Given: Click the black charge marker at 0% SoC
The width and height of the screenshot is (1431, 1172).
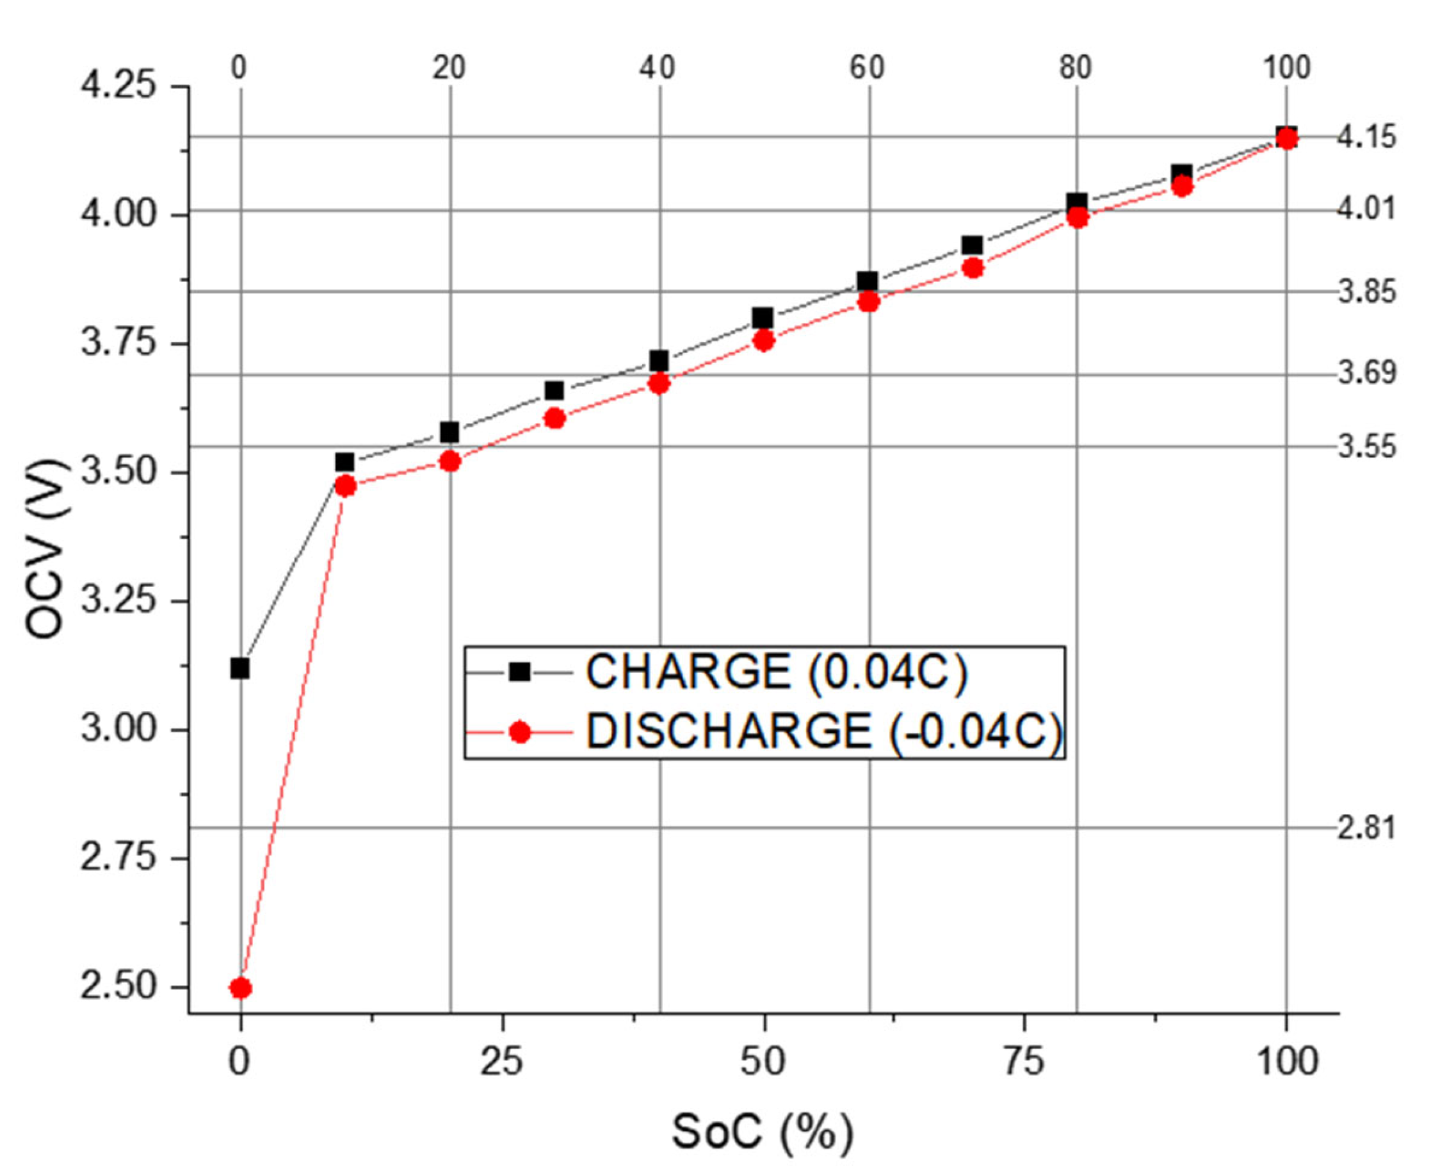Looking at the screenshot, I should (x=240, y=669).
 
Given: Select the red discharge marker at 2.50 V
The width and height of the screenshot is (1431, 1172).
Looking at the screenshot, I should (x=240, y=988).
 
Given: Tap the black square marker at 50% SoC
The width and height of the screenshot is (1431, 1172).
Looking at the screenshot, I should (x=763, y=317).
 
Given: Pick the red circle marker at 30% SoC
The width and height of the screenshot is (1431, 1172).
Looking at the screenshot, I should (x=554, y=418).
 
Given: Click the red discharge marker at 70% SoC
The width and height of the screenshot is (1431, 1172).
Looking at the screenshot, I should (x=972, y=268).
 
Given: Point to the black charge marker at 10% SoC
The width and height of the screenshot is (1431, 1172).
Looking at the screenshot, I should (x=344, y=463).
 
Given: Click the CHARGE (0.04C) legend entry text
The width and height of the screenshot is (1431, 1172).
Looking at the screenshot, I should (x=777, y=672).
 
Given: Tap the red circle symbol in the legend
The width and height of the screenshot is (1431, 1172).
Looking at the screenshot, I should (x=519, y=732).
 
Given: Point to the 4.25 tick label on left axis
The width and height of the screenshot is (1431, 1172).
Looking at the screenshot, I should (x=118, y=87).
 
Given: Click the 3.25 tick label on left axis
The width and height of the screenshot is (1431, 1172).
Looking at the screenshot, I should (x=118, y=601).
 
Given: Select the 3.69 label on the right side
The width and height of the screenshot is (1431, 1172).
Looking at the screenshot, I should (x=1367, y=374).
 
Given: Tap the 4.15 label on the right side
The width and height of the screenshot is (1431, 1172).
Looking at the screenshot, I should (x=1367, y=138).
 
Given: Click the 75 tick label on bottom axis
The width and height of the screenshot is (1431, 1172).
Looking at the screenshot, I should (x=1024, y=1062).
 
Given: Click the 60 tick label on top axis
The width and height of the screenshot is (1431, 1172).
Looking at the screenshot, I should (x=867, y=68).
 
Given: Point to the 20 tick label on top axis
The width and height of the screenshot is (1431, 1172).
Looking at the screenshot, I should (x=449, y=68).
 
